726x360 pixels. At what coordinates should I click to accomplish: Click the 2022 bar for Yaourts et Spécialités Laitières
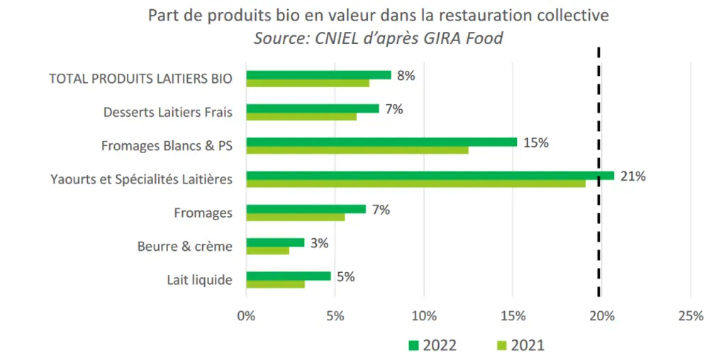430,175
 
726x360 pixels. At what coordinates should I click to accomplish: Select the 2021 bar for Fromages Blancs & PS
357,150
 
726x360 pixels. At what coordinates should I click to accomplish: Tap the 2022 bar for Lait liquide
289,276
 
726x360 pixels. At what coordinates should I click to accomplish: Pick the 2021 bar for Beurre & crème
267,250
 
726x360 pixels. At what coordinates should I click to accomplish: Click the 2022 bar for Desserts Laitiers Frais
313,108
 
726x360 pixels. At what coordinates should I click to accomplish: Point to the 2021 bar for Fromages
296,217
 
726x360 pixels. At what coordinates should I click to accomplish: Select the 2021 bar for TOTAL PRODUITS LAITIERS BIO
308,83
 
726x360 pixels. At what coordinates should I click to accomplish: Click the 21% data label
633,176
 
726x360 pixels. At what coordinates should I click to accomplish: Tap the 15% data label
536,142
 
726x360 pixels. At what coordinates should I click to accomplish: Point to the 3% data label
320,243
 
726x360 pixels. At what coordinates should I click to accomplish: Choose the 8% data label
406,75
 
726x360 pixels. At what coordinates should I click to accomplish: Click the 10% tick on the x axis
424,317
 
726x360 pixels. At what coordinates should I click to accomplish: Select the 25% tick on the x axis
691,317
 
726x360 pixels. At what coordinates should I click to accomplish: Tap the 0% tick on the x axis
246,317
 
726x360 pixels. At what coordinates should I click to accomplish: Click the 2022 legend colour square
413,345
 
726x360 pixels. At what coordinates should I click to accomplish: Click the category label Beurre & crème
185,247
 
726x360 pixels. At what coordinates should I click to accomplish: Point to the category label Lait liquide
199,281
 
